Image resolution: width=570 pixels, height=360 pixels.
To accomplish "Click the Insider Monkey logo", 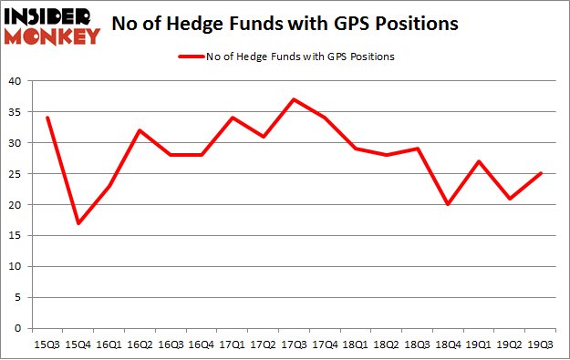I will tap(53, 25).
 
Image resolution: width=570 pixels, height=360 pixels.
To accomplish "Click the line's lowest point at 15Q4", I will tap(79, 223).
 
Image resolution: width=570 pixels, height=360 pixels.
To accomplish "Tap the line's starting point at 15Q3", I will tap(47, 118).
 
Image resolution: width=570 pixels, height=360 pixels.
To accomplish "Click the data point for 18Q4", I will tap(446, 204).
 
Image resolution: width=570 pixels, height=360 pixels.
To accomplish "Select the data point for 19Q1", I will tap(479, 161).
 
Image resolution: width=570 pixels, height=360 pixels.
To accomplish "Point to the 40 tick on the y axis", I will tap(16, 81).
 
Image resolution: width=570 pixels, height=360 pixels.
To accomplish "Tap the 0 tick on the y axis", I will tap(19, 328).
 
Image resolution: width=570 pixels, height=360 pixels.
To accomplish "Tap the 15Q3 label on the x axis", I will tap(47, 344).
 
